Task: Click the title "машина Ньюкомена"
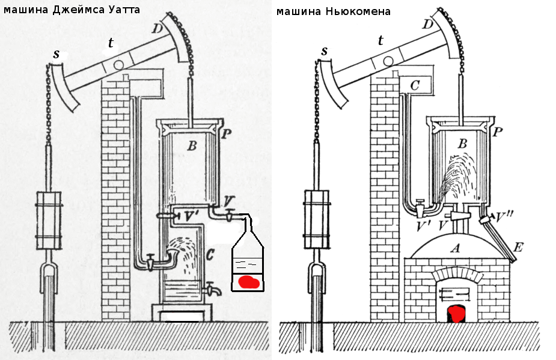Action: [333, 11]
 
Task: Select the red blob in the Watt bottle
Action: [248, 281]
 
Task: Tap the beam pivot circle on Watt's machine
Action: [119, 64]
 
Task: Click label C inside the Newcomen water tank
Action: [414, 85]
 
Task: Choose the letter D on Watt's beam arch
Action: [157, 28]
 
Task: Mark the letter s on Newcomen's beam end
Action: [325, 50]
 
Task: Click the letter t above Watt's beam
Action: [111, 42]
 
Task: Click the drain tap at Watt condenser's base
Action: [210, 290]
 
